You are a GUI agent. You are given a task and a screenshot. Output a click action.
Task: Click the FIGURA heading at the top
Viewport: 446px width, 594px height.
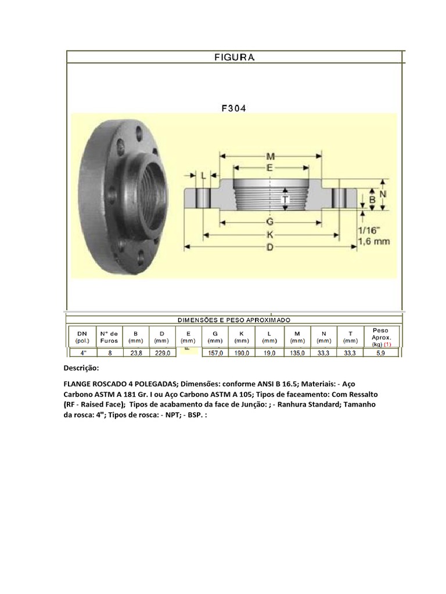point(234,57)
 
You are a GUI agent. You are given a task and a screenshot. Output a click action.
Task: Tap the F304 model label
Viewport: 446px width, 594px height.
point(234,107)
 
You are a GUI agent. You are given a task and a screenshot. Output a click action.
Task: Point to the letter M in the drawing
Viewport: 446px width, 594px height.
point(270,155)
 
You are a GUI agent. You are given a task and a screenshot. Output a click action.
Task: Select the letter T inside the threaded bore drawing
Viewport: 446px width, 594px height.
point(285,200)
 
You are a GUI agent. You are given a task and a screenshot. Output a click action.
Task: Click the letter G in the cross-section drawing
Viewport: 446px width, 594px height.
point(270,222)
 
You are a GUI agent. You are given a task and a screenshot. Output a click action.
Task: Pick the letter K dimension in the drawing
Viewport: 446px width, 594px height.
point(270,235)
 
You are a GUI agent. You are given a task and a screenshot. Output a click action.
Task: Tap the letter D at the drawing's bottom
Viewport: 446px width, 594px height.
point(270,248)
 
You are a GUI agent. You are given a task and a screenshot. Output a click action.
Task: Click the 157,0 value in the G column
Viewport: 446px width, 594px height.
point(215,353)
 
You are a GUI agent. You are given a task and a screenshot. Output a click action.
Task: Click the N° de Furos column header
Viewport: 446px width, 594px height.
point(109,337)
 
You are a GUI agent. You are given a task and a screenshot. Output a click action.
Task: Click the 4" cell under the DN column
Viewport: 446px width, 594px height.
point(82,353)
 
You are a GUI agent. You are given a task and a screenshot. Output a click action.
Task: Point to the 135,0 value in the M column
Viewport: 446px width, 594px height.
point(297,353)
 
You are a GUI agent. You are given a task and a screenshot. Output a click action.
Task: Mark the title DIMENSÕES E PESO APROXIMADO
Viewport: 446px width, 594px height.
point(234,320)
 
